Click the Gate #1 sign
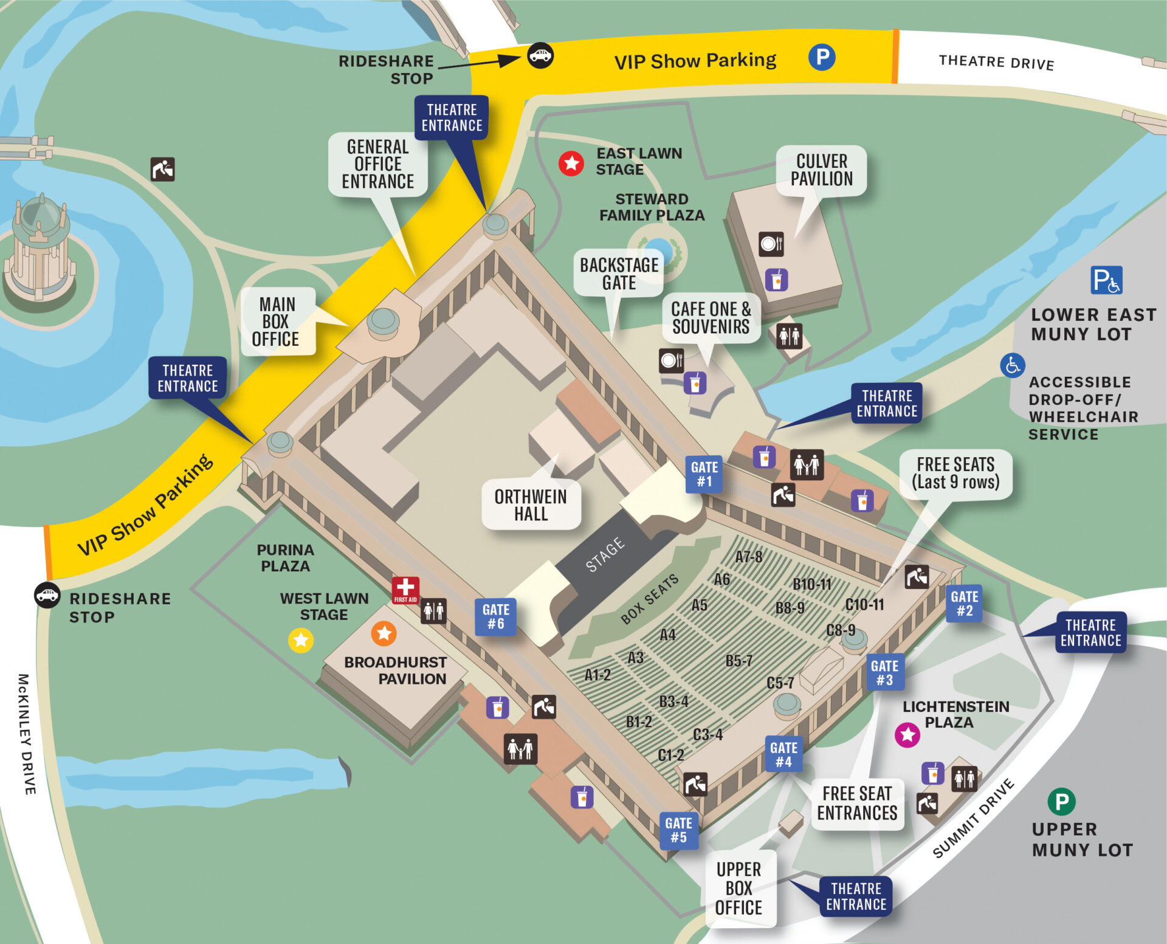click(704, 474)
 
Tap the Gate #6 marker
click(495, 616)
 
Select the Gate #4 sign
click(783, 754)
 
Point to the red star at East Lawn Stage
click(571, 163)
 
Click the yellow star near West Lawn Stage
click(301, 640)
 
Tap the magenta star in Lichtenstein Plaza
click(907, 735)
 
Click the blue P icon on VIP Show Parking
click(822, 57)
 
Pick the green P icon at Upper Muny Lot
click(1061, 802)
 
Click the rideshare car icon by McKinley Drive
click(47, 595)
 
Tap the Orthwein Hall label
click(531, 505)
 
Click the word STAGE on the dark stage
click(605, 554)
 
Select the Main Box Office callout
click(277, 322)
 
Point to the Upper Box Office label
click(738, 888)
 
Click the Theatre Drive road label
click(996, 62)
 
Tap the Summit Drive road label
click(973, 818)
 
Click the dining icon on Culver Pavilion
click(771, 244)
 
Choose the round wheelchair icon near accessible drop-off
click(1013, 365)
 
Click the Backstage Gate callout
click(619, 274)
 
